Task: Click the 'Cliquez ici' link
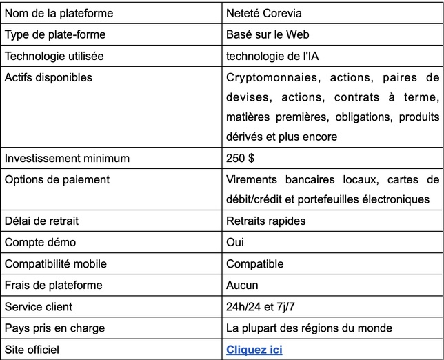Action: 254,350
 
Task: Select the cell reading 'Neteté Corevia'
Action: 263,13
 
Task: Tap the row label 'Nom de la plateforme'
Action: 59,13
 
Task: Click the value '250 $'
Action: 240,158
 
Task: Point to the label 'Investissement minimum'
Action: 67,158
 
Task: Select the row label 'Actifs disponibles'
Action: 48,77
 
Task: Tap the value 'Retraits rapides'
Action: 265,221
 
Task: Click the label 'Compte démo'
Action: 40,242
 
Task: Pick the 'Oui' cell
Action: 234,242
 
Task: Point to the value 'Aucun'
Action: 242,285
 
